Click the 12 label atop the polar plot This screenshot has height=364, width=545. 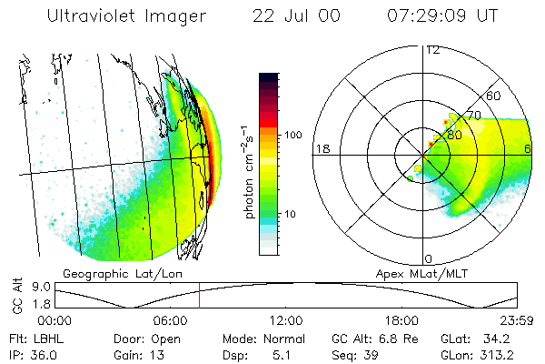[x=433, y=49]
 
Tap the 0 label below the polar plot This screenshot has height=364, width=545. [x=429, y=259]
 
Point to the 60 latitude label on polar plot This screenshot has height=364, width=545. [x=495, y=96]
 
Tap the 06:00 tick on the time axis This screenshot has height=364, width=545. [x=171, y=320]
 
